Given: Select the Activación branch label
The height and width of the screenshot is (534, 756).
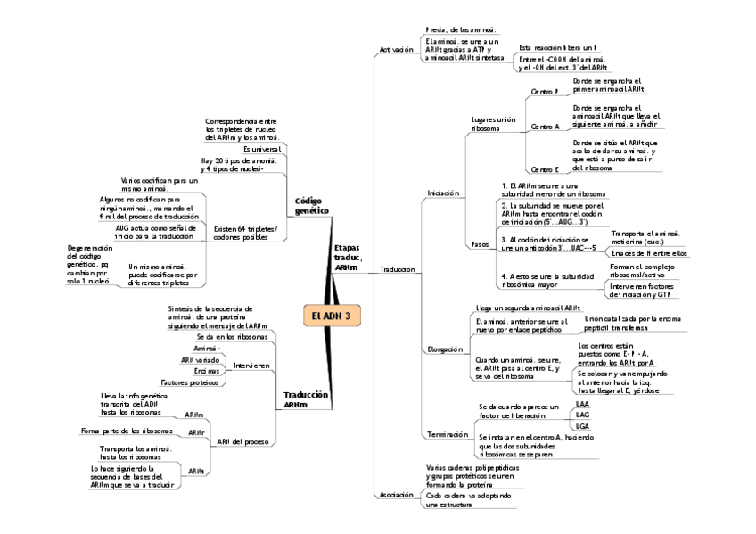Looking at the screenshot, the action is [396, 50].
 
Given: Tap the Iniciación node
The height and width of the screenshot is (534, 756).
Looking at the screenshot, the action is [443, 193].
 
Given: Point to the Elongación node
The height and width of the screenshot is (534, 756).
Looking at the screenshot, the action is [444, 349].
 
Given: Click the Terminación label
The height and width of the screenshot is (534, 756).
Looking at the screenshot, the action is [448, 434].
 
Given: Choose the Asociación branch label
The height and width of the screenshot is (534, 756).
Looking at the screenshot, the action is [396, 493].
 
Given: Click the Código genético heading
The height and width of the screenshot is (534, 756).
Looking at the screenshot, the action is [311, 206].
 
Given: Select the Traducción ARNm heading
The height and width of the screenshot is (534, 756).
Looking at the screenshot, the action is [306, 399].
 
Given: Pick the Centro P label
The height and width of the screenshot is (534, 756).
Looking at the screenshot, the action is [544, 92].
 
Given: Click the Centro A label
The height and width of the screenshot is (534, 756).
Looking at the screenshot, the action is [545, 127].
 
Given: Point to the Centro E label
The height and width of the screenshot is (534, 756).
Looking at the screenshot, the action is [544, 168].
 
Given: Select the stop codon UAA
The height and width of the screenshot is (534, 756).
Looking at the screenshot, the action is [582, 404].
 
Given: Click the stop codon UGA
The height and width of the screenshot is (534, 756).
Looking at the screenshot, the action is [582, 426].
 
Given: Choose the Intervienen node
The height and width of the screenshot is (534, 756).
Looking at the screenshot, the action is [251, 366].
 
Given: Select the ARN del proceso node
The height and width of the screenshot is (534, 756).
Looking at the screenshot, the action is [242, 441].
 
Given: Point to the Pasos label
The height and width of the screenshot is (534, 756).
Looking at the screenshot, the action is [480, 243].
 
